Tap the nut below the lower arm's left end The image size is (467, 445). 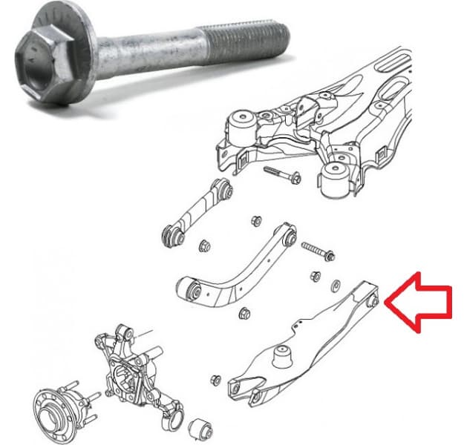[x=216, y=380]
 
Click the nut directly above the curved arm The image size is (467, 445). [x=257, y=220]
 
